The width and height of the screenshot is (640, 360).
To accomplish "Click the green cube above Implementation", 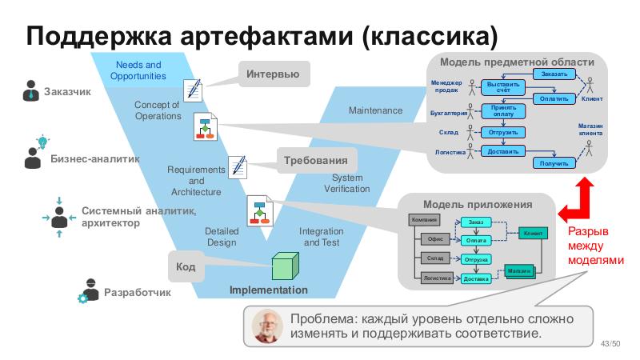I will point(284,266).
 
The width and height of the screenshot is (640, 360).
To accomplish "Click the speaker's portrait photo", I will point(267,326).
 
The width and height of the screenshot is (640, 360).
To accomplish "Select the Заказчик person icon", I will point(30,90).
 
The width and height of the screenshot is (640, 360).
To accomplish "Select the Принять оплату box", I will point(503,111).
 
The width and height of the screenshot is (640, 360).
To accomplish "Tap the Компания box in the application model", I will point(424,219).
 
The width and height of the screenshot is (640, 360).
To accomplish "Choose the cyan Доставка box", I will point(476,278).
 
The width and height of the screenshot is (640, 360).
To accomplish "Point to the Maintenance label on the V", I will point(375,110).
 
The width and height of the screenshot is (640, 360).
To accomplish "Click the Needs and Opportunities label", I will point(138,70).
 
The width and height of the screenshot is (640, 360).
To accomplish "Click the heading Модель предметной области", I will point(518,62).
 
